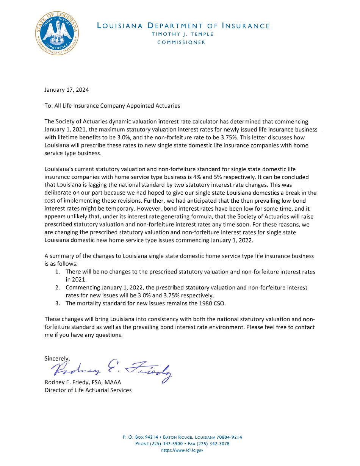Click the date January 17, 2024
67,90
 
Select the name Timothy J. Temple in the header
182,34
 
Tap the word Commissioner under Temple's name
181,42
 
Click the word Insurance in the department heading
245,26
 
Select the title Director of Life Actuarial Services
88,390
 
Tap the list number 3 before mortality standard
57,303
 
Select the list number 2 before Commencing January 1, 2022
57,288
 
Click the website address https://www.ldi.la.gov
182,450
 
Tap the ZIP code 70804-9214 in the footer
227,437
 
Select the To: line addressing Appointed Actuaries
112,106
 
